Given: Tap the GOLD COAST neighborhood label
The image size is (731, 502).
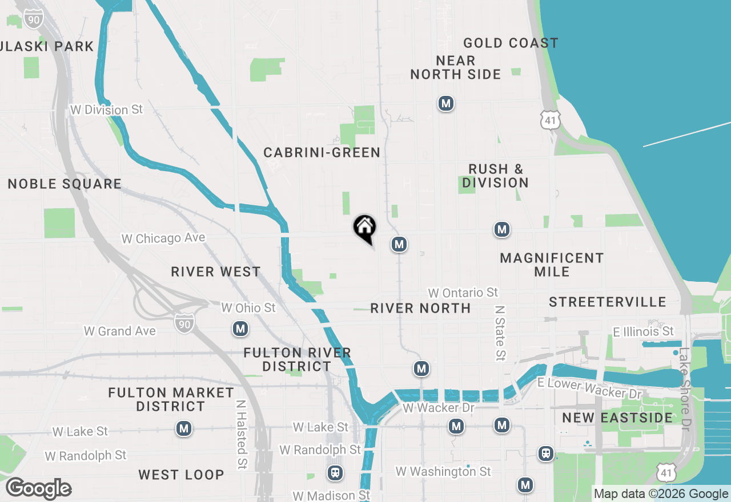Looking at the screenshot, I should point(511,43).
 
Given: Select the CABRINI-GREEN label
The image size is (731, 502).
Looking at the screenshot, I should point(322,153).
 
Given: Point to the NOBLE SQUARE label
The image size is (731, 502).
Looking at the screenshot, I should point(65,184).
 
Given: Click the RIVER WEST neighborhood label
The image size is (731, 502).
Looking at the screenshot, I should point(216,272).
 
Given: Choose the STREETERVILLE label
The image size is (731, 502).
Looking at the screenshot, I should point(608,302).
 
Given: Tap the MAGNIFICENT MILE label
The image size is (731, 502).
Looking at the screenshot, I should point(552,265).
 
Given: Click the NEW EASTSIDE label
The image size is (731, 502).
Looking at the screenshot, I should point(617,418).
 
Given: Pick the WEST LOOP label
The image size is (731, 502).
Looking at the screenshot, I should point(181,475).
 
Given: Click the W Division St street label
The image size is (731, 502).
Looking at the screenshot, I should point(106,110).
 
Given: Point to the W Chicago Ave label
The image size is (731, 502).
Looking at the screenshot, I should point(163,238).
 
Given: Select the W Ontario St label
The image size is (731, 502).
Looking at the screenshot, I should point(463,293).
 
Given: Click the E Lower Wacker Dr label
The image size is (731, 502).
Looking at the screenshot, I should point(590,388).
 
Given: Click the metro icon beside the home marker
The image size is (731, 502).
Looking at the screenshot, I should point(399,245).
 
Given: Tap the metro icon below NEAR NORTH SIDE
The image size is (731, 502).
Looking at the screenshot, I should point(445,104).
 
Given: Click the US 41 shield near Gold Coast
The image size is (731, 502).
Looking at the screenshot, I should point(551,120).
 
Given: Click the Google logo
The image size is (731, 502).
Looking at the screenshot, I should point(38,489).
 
